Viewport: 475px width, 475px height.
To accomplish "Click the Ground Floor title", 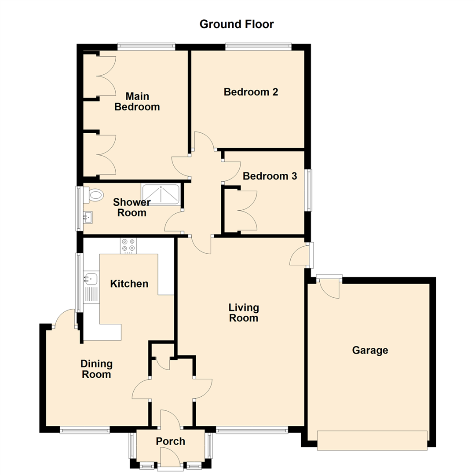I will pyautogui.click(x=237, y=24).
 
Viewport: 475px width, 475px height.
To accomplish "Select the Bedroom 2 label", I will pyautogui.click(x=251, y=92).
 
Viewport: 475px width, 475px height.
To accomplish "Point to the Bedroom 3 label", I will pyautogui.click(x=270, y=176).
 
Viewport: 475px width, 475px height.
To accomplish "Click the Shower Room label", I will pyautogui.click(x=132, y=207).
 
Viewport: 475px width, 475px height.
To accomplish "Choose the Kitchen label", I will pyautogui.click(x=129, y=284).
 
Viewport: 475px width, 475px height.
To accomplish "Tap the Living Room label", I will pyautogui.click(x=243, y=312).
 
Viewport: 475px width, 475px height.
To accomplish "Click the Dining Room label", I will pyautogui.click(x=96, y=369).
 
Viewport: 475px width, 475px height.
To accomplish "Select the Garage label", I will pyautogui.click(x=370, y=350).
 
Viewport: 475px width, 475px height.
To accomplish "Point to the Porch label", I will pyautogui.click(x=171, y=441).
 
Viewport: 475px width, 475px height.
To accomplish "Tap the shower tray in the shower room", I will pyautogui.click(x=160, y=194).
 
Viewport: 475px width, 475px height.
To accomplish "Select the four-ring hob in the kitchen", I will pyautogui.click(x=128, y=245).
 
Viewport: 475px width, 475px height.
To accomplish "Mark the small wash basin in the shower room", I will pyautogui.click(x=88, y=216).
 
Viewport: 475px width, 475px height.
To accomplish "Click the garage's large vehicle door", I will pyautogui.click(x=372, y=440).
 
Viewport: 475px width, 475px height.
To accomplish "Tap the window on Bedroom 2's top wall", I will pyautogui.click(x=258, y=45).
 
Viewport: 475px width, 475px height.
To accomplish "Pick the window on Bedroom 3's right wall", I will pyautogui.click(x=309, y=190).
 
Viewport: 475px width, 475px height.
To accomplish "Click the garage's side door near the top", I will pyautogui.click(x=329, y=287).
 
